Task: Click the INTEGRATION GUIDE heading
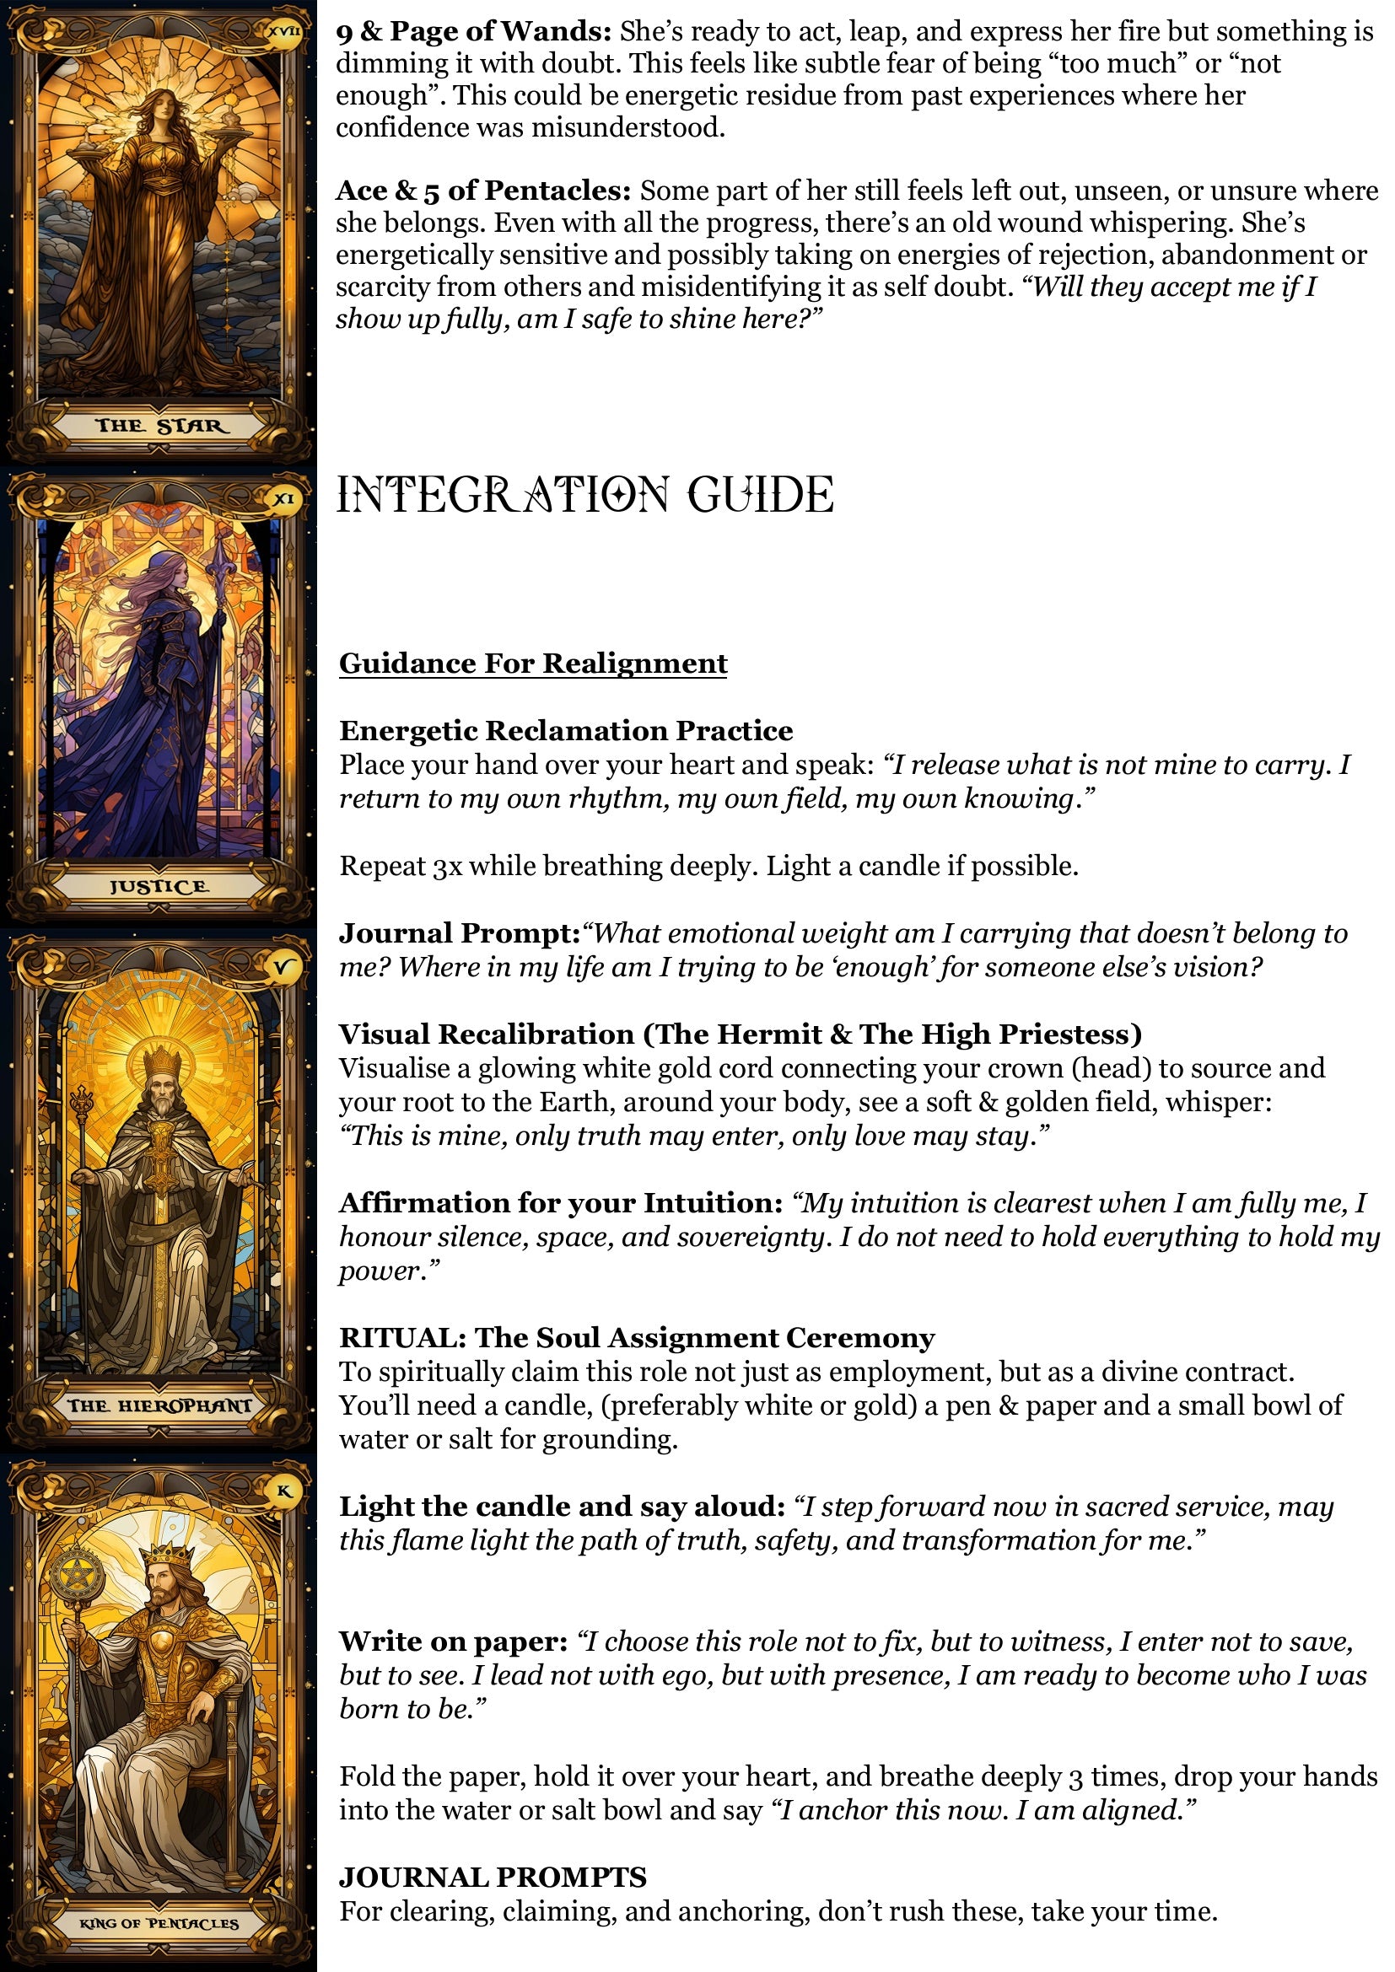[x=584, y=495]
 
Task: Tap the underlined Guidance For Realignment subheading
[x=532, y=663]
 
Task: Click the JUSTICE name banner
[x=159, y=886]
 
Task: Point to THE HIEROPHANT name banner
[x=159, y=1405]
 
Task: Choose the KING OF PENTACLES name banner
[x=159, y=1923]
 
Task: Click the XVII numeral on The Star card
[x=284, y=32]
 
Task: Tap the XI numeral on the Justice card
[x=283, y=499]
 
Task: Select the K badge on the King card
[x=283, y=1491]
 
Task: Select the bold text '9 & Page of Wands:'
[x=473, y=32]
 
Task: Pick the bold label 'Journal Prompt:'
[x=460, y=932]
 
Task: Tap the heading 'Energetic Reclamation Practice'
[x=566, y=730]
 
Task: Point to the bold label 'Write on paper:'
[x=453, y=1642]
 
